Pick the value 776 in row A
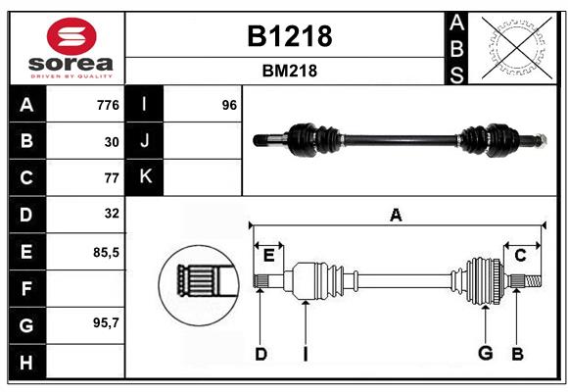coord(107,105)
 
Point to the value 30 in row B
coord(111,142)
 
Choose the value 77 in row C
coord(111,178)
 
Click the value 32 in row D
coord(111,213)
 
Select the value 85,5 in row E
coord(105,252)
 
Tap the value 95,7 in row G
coord(105,322)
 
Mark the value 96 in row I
coord(229,105)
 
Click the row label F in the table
coord(26,289)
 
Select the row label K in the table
coord(145,176)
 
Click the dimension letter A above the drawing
coord(396,216)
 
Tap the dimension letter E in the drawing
coord(268,256)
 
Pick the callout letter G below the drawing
coord(484,353)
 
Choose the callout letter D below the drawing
coord(260,353)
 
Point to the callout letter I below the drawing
coord(306,353)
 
